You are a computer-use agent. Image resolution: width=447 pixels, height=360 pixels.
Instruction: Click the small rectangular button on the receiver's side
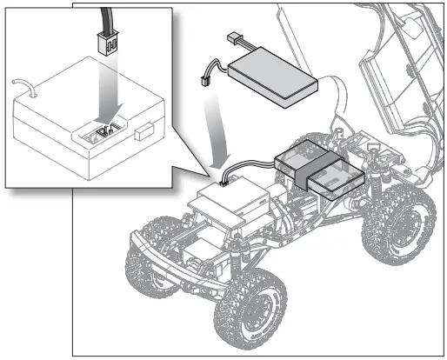pos(143,136)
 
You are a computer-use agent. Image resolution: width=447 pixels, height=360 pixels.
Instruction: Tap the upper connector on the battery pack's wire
pos(232,39)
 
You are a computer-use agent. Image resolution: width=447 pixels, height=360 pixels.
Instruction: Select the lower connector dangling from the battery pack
pos(206,78)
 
